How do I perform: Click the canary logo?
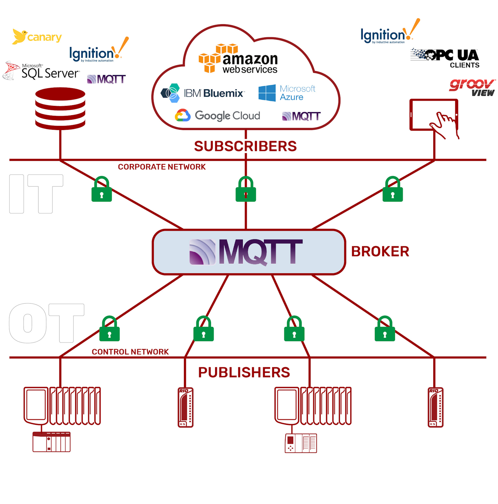(x=37, y=37)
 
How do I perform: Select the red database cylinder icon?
(x=60, y=108)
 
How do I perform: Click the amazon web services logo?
(x=239, y=59)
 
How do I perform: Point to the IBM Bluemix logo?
(x=203, y=93)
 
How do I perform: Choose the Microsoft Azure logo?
(x=287, y=93)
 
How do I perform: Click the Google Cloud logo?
(x=218, y=116)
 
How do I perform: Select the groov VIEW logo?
(x=472, y=88)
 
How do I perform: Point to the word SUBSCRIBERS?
(x=245, y=146)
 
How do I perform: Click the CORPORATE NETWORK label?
(x=162, y=167)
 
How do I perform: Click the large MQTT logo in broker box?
(x=246, y=252)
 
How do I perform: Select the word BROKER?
(x=380, y=251)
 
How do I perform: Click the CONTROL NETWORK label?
(x=130, y=352)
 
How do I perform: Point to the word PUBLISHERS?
(x=244, y=373)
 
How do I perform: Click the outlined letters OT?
(x=46, y=323)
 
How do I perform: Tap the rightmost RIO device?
(x=435, y=407)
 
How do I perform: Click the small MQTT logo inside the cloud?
(x=301, y=116)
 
